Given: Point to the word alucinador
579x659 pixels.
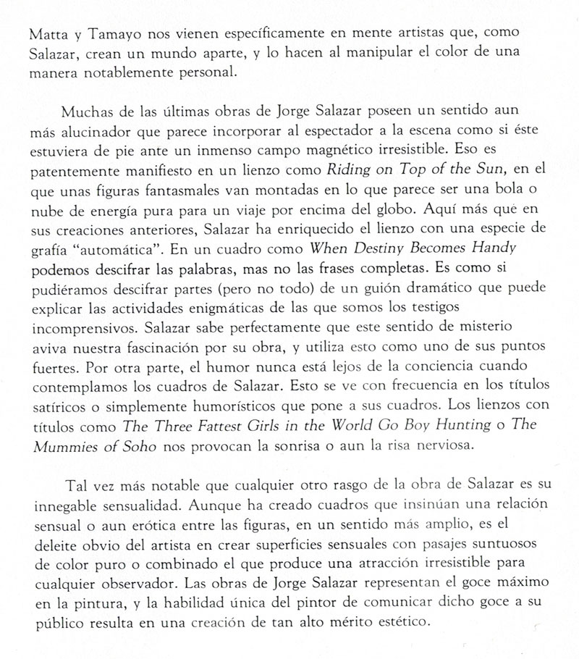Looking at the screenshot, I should (101, 134).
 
